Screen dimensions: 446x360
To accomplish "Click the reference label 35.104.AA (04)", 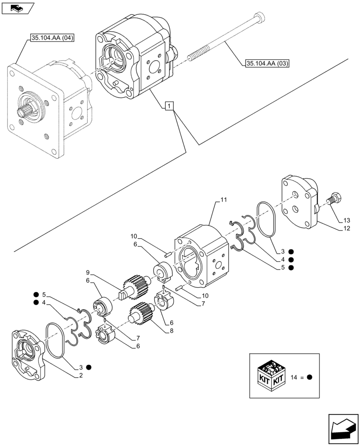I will click(52, 38).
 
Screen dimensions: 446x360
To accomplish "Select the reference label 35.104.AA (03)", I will click(267, 63).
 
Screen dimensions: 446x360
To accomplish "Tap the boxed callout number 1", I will click(169, 106).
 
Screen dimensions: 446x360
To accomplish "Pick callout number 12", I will click(346, 228).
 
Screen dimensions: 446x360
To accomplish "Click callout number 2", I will click(81, 375).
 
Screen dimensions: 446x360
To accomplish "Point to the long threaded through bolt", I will click(223, 40).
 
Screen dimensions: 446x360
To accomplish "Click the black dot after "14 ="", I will click(310, 377).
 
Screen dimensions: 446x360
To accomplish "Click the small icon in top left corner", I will click(17, 8).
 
